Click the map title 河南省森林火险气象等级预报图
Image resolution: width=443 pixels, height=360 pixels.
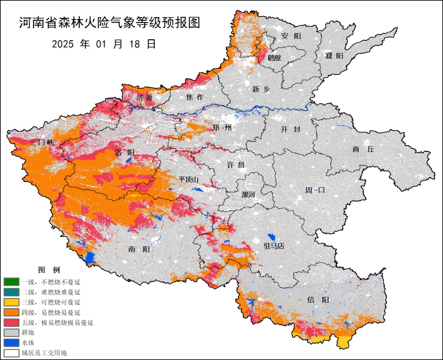click(x=110, y=23)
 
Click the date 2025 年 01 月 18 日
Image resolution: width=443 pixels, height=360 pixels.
click(x=104, y=44)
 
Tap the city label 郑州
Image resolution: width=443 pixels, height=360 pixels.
click(x=222, y=128)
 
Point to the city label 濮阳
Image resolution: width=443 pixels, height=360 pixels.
click(x=334, y=56)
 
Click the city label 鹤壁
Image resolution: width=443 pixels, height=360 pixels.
click(x=274, y=58)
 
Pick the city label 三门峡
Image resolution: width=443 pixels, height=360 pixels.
click(x=42, y=142)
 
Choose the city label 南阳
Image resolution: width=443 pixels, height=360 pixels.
click(x=139, y=249)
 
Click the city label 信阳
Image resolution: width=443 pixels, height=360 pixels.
click(x=317, y=300)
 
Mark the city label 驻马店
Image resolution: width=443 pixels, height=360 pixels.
click(x=274, y=246)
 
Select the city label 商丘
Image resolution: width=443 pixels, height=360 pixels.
click(x=363, y=149)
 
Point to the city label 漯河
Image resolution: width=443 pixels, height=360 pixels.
click(x=248, y=195)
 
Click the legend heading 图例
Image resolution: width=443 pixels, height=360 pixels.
click(x=49, y=270)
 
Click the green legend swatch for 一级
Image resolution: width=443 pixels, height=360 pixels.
click(x=11, y=282)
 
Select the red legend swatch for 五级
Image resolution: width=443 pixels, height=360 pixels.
click(x=11, y=322)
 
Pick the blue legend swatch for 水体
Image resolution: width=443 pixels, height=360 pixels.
click(x=11, y=342)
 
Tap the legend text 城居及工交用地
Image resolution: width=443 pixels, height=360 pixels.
click(x=44, y=353)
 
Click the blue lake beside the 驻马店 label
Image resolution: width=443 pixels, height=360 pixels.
click(x=271, y=237)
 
